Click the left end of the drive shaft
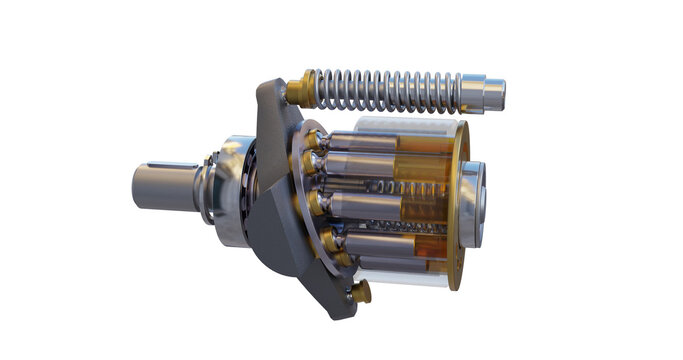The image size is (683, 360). tap(137, 188)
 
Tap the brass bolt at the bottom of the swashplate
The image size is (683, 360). tap(361, 291)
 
